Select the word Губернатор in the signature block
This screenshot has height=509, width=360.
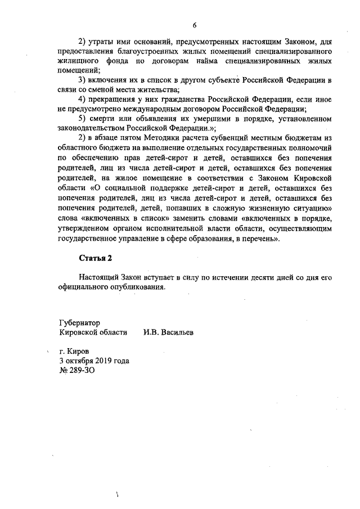pyautogui.click(x=79, y=323)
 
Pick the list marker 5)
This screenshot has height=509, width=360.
pyautogui.click(x=82, y=119)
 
